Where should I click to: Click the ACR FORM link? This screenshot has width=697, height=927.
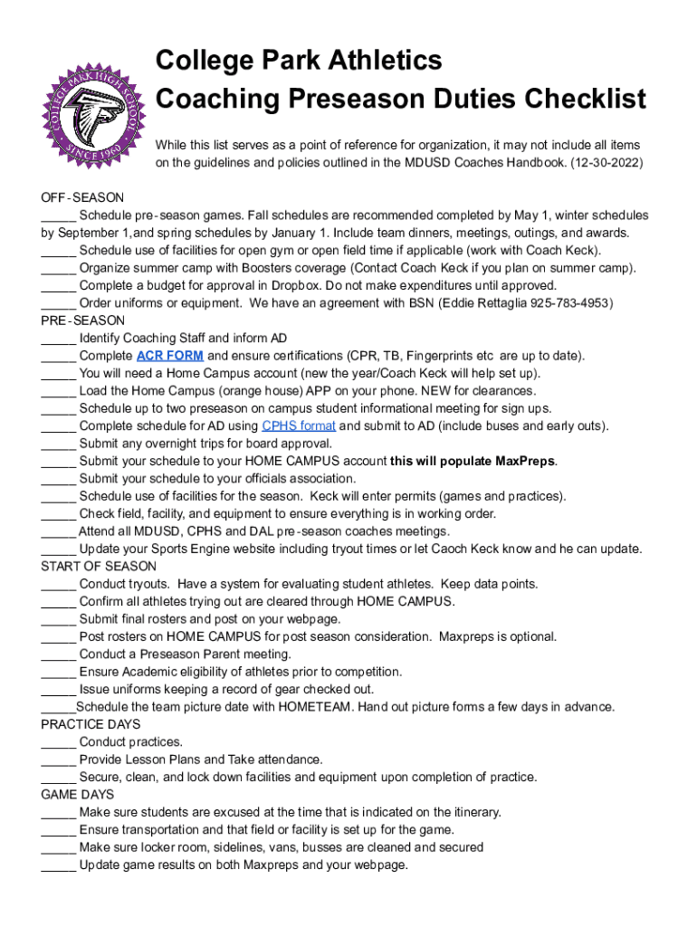(x=169, y=356)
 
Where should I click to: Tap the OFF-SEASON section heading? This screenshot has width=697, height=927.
(x=82, y=198)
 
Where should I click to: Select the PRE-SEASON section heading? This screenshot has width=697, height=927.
(x=82, y=320)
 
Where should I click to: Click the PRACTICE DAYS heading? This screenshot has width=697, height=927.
(x=91, y=725)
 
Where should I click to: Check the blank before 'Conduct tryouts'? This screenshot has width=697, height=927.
(x=58, y=585)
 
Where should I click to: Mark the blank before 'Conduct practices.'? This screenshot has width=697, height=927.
(x=58, y=742)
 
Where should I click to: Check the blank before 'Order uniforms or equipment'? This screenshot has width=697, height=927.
(x=58, y=303)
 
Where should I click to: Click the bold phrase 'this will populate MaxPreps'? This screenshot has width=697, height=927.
(x=473, y=462)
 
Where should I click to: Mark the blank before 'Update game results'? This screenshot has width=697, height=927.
(x=58, y=865)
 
